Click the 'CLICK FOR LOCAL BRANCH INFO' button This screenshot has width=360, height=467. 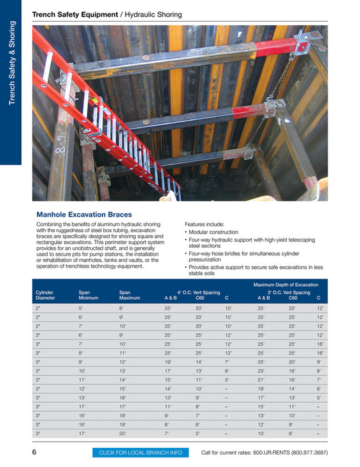(x=141, y=453)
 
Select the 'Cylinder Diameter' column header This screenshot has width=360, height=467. (x=45, y=295)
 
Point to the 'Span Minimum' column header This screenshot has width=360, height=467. (x=89, y=295)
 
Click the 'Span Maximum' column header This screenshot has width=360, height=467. (x=130, y=295)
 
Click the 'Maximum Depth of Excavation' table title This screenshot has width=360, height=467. (x=286, y=284)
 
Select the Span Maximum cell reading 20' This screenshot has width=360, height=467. (x=123, y=433)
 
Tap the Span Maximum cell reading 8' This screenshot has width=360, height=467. (x=122, y=309)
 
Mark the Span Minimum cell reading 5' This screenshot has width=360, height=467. (x=81, y=309)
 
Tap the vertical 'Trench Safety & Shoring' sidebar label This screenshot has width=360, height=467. (x=12, y=64)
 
